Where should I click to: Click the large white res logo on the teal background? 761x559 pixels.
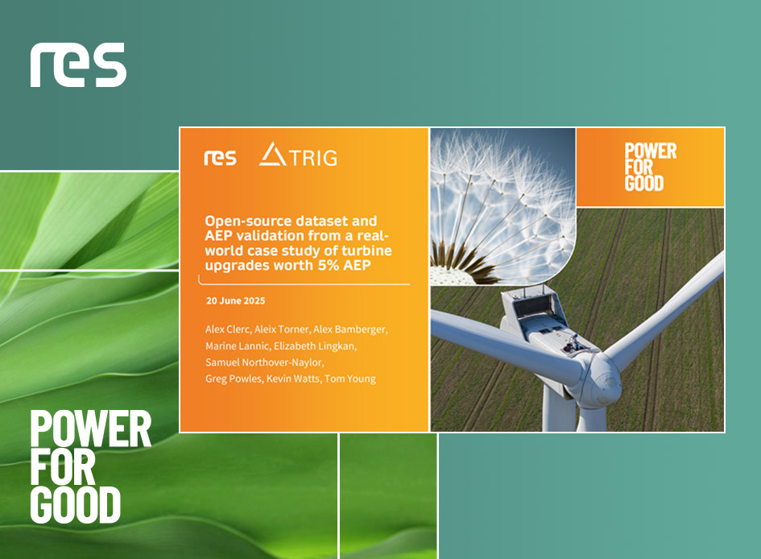[x=78, y=64]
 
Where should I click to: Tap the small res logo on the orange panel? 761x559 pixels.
[x=220, y=158]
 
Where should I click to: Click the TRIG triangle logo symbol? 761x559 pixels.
[x=272, y=154]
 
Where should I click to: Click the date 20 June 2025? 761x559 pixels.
[x=235, y=301]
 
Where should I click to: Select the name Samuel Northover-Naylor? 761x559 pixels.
[x=264, y=362]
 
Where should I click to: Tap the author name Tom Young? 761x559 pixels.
[x=350, y=379]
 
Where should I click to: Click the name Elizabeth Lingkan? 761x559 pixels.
[x=315, y=346]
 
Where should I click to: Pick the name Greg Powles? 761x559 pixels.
[x=234, y=379]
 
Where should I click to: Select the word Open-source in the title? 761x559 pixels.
[x=247, y=222]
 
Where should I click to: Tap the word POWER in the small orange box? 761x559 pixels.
[x=651, y=151]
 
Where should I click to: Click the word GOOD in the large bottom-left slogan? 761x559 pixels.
[x=75, y=505]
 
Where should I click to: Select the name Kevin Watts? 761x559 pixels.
[x=293, y=379]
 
